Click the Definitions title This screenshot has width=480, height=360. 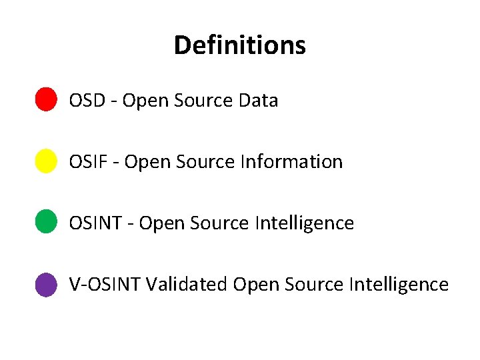click(239, 45)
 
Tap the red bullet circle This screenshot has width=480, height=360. click(45, 99)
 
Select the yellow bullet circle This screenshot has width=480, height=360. click(45, 161)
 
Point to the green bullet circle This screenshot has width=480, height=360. click(45, 221)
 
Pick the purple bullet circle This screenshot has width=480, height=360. click(45, 285)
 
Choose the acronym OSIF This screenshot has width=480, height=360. click(88, 162)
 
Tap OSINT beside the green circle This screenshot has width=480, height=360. click(96, 223)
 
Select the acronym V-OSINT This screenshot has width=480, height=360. click(105, 285)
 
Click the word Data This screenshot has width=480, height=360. click(257, 101)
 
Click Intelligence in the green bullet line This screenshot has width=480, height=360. click(305, 223)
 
